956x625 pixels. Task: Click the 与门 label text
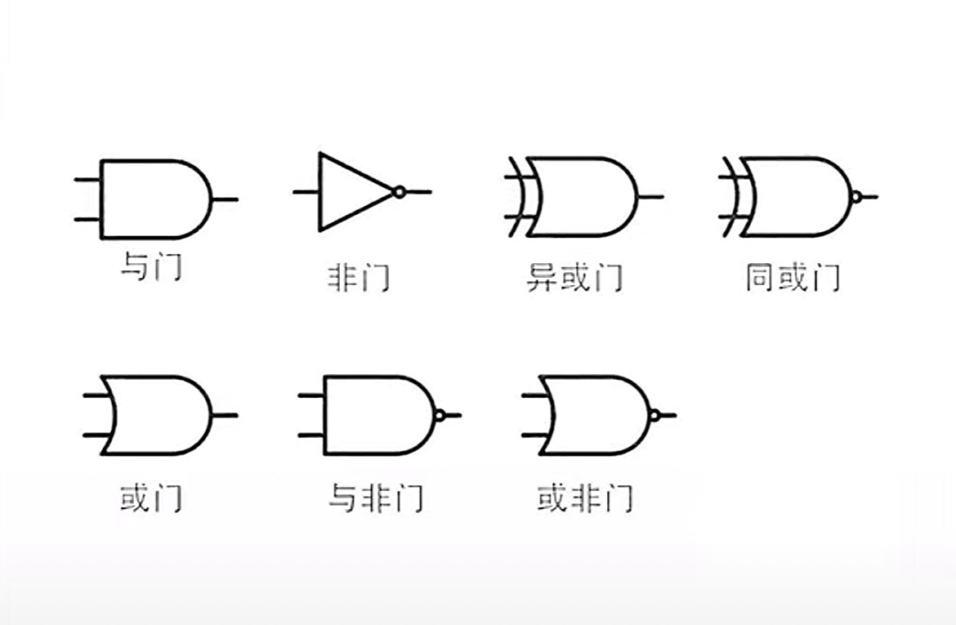[150, 267]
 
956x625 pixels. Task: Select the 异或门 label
[574, 279]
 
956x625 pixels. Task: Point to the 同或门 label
[792, 279]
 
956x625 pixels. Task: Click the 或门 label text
[150, 498]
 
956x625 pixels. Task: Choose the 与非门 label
[375, 498]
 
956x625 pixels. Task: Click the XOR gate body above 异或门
[580, 197]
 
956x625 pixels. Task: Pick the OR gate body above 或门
[159, 415]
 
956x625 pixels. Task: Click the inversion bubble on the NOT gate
[398, 192]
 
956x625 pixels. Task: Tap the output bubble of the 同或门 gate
[855, 197]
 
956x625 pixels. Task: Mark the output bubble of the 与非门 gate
[440, 415]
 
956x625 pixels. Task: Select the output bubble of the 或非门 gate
[654, 415]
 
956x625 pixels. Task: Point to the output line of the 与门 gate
[225, 199]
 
